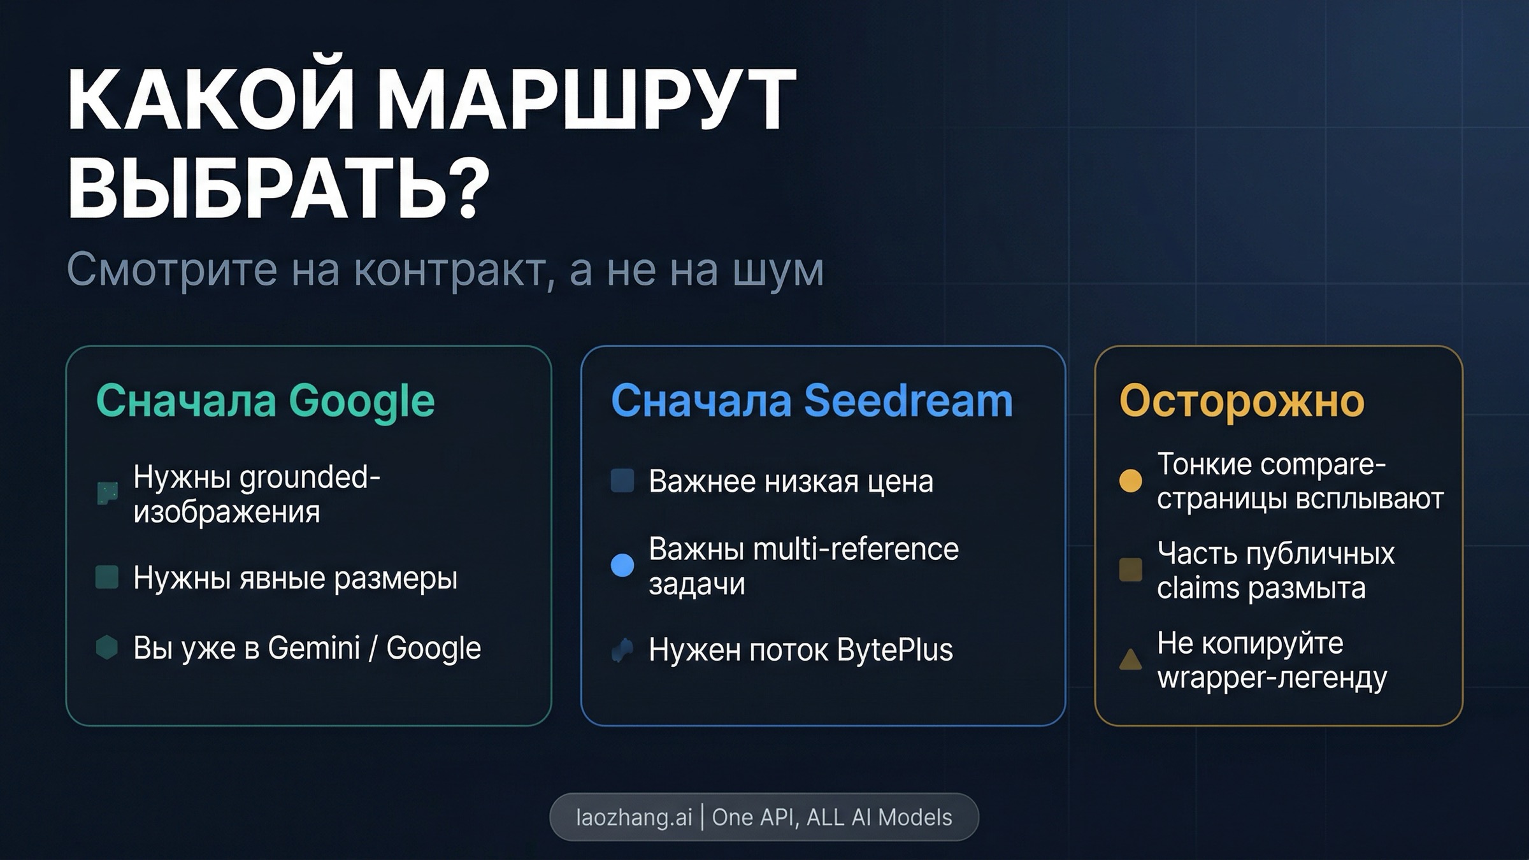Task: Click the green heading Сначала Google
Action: pos(265,401)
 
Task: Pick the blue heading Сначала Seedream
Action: pos(812,401)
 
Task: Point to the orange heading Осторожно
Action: pos(1242,401)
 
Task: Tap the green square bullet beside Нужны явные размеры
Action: pos(106,577)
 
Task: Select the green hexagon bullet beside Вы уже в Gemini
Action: pos(106,647)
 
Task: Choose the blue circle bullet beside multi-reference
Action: pos(622,565)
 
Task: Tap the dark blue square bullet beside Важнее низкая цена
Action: pos(622,481)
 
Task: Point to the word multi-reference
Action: pos(856,549)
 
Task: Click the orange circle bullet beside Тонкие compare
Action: pos(1131,480)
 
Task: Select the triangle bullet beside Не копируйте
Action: pos(1131,660)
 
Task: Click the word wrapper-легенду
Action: pos(1272,678)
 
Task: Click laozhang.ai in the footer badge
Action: pos(633,817)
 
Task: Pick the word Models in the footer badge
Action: pos(915,817)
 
